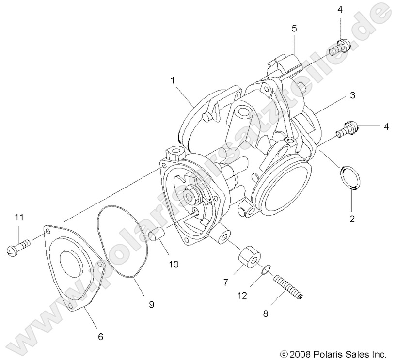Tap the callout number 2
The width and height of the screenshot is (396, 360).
coord(352,219)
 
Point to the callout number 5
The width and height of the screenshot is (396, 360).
coord(294,29)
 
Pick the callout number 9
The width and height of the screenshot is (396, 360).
coord(151,304)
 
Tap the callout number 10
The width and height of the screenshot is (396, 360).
coord(174,264)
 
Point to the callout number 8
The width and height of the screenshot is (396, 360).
coord(265,314)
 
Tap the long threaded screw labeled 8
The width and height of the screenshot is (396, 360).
coord(288,286)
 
